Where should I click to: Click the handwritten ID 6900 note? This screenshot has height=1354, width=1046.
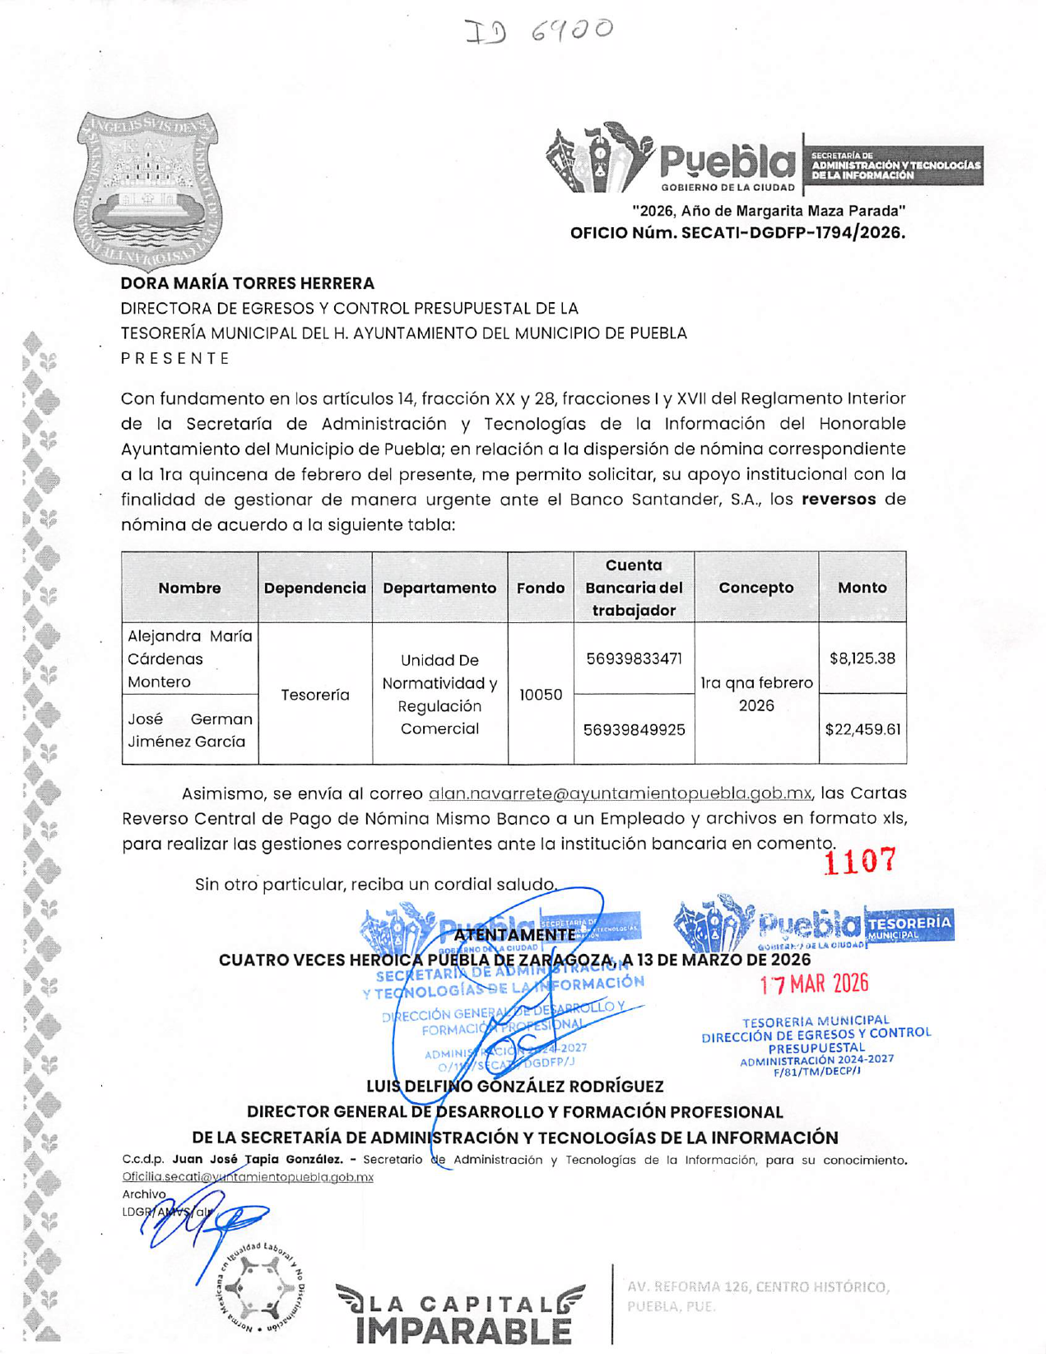[x=540, y=31]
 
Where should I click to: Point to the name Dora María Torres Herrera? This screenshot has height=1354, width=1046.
[x=248, y=283]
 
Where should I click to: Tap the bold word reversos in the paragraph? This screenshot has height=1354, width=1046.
[x=839, y=500]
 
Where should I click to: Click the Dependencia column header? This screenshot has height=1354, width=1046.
[x=314, y=588]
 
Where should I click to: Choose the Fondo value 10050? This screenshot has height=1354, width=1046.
[x=541, y=695]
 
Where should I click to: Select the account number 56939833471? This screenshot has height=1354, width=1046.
[x=634, y=658]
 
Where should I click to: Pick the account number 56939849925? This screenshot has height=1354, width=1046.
[x=634, y=729]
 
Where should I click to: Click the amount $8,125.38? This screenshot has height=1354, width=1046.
[x=862, y=658]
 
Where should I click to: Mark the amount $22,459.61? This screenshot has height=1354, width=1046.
[x=862, y=729]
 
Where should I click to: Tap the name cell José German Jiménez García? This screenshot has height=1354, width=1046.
[x=189, y=730]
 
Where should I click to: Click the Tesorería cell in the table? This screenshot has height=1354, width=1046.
[x=314, y=695]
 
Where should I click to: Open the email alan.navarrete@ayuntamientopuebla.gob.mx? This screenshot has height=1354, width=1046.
[x=620, y=793]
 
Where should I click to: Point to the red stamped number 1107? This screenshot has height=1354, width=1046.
[x=859, y=861]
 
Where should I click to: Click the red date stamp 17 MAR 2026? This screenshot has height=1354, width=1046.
[x=814, y=984]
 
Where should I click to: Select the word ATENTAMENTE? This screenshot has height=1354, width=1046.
[x=514, y=935]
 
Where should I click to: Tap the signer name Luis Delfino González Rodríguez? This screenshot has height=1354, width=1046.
[x=514, y=1086]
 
